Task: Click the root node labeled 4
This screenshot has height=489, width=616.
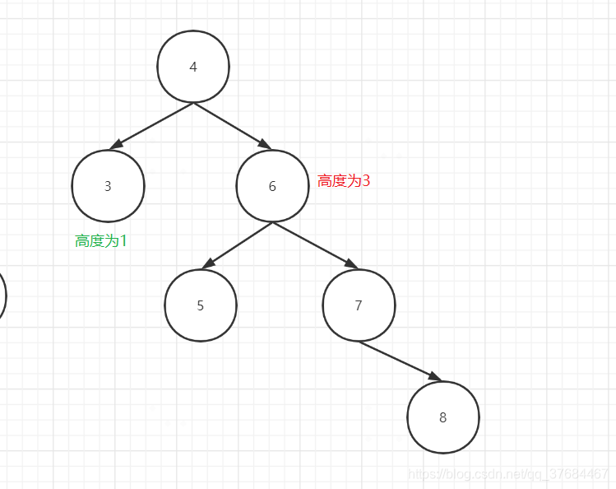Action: [x=193, y=67]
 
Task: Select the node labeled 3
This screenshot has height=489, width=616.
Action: [x=108, y=186]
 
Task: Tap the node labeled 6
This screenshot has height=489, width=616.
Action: [x=272, y=186]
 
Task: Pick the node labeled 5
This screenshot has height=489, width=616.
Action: [x=201, y=305]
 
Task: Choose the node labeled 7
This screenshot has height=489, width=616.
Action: [x=359, y=305]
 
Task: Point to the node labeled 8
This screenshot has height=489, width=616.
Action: [x=442, y=417]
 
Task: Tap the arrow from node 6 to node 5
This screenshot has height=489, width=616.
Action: [x=239, y=244]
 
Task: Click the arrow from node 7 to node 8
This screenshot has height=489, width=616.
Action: [x=399, y=361]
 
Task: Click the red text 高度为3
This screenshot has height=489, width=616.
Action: [x=344, y=181]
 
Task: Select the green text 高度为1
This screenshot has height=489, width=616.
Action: [x=101, y=241]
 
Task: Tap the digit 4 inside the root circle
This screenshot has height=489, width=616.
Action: [x=193, y=68]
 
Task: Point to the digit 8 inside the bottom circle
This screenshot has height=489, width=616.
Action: [x=442, y=417]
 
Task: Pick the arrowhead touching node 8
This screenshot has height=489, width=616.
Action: [x=434, y=377]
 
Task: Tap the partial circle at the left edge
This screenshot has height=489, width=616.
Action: [x=2, y=295]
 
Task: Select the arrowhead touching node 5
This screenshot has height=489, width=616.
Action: [x=209, y=263]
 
